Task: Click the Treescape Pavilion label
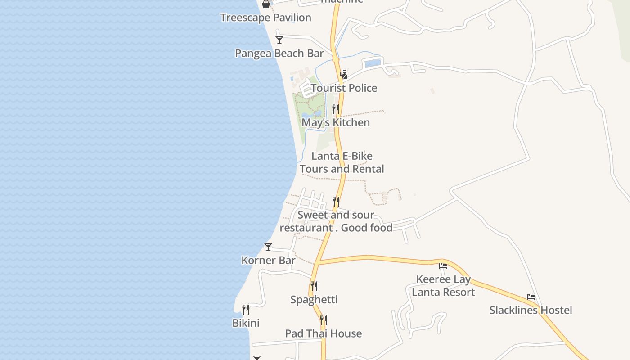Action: point(265,18)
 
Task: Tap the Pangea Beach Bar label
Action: point(279,53)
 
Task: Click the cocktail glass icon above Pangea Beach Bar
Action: point(279,40)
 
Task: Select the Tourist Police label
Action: point(344,88)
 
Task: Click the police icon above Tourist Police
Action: point(344,74)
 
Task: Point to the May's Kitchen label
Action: point(336,122)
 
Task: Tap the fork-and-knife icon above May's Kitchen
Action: point(336,109)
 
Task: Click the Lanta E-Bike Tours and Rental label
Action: point(342,162)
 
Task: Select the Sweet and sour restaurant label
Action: point(336,221)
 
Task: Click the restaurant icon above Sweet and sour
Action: point(336,201)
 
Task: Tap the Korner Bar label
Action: point(268,260)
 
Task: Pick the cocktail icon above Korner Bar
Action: point(268,247)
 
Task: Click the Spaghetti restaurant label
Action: point(314,299)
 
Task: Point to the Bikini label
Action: point(246,323)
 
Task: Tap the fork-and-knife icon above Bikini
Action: point(246,309)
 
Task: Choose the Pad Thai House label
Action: point(324,333)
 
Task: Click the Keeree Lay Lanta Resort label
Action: point(443,286)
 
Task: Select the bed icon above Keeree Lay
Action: point(443,265)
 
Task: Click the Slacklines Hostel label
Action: point(531,310)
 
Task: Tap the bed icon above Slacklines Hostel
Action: point(531,297)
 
